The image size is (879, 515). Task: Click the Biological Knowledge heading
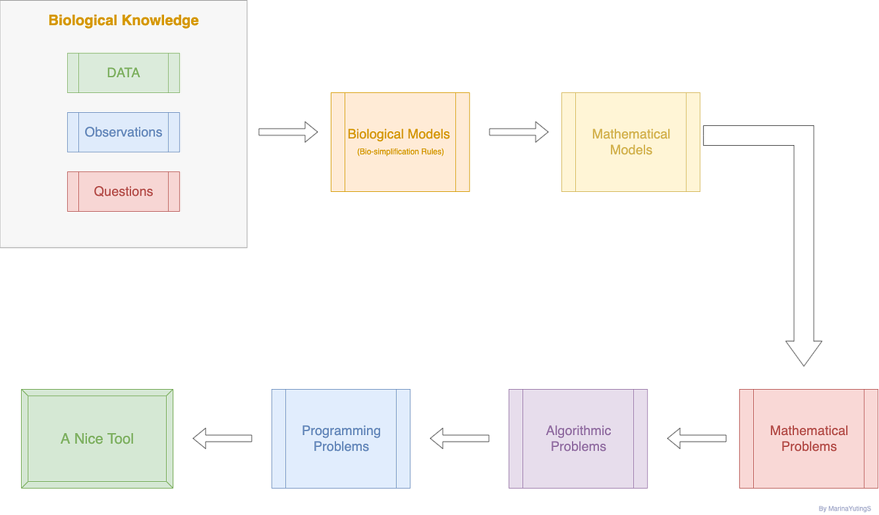[123, 21]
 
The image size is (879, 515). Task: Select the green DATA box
[123, 73]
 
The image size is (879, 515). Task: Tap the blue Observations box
[123, 132]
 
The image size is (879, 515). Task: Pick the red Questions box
[123, 191]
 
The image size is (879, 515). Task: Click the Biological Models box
[399, 141]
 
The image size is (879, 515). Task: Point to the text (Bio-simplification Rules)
[400, 152]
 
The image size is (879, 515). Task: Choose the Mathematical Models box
[631, 141]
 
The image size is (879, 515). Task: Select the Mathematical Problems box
[809, 438]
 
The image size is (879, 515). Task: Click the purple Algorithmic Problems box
[578, 438]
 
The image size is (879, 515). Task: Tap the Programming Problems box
[341, 438]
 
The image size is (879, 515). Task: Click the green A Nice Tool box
[97, 439]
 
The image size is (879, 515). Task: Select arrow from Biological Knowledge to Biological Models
[288, 132]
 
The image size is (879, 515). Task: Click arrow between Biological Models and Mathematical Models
[519, 132]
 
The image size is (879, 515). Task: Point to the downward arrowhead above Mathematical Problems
[804, 352]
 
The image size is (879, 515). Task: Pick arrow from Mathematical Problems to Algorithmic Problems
[697, 439]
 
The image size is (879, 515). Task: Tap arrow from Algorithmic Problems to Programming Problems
[459, 439]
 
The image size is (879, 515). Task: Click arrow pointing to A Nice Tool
[222, 439]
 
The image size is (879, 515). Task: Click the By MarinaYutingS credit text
[844, 508]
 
